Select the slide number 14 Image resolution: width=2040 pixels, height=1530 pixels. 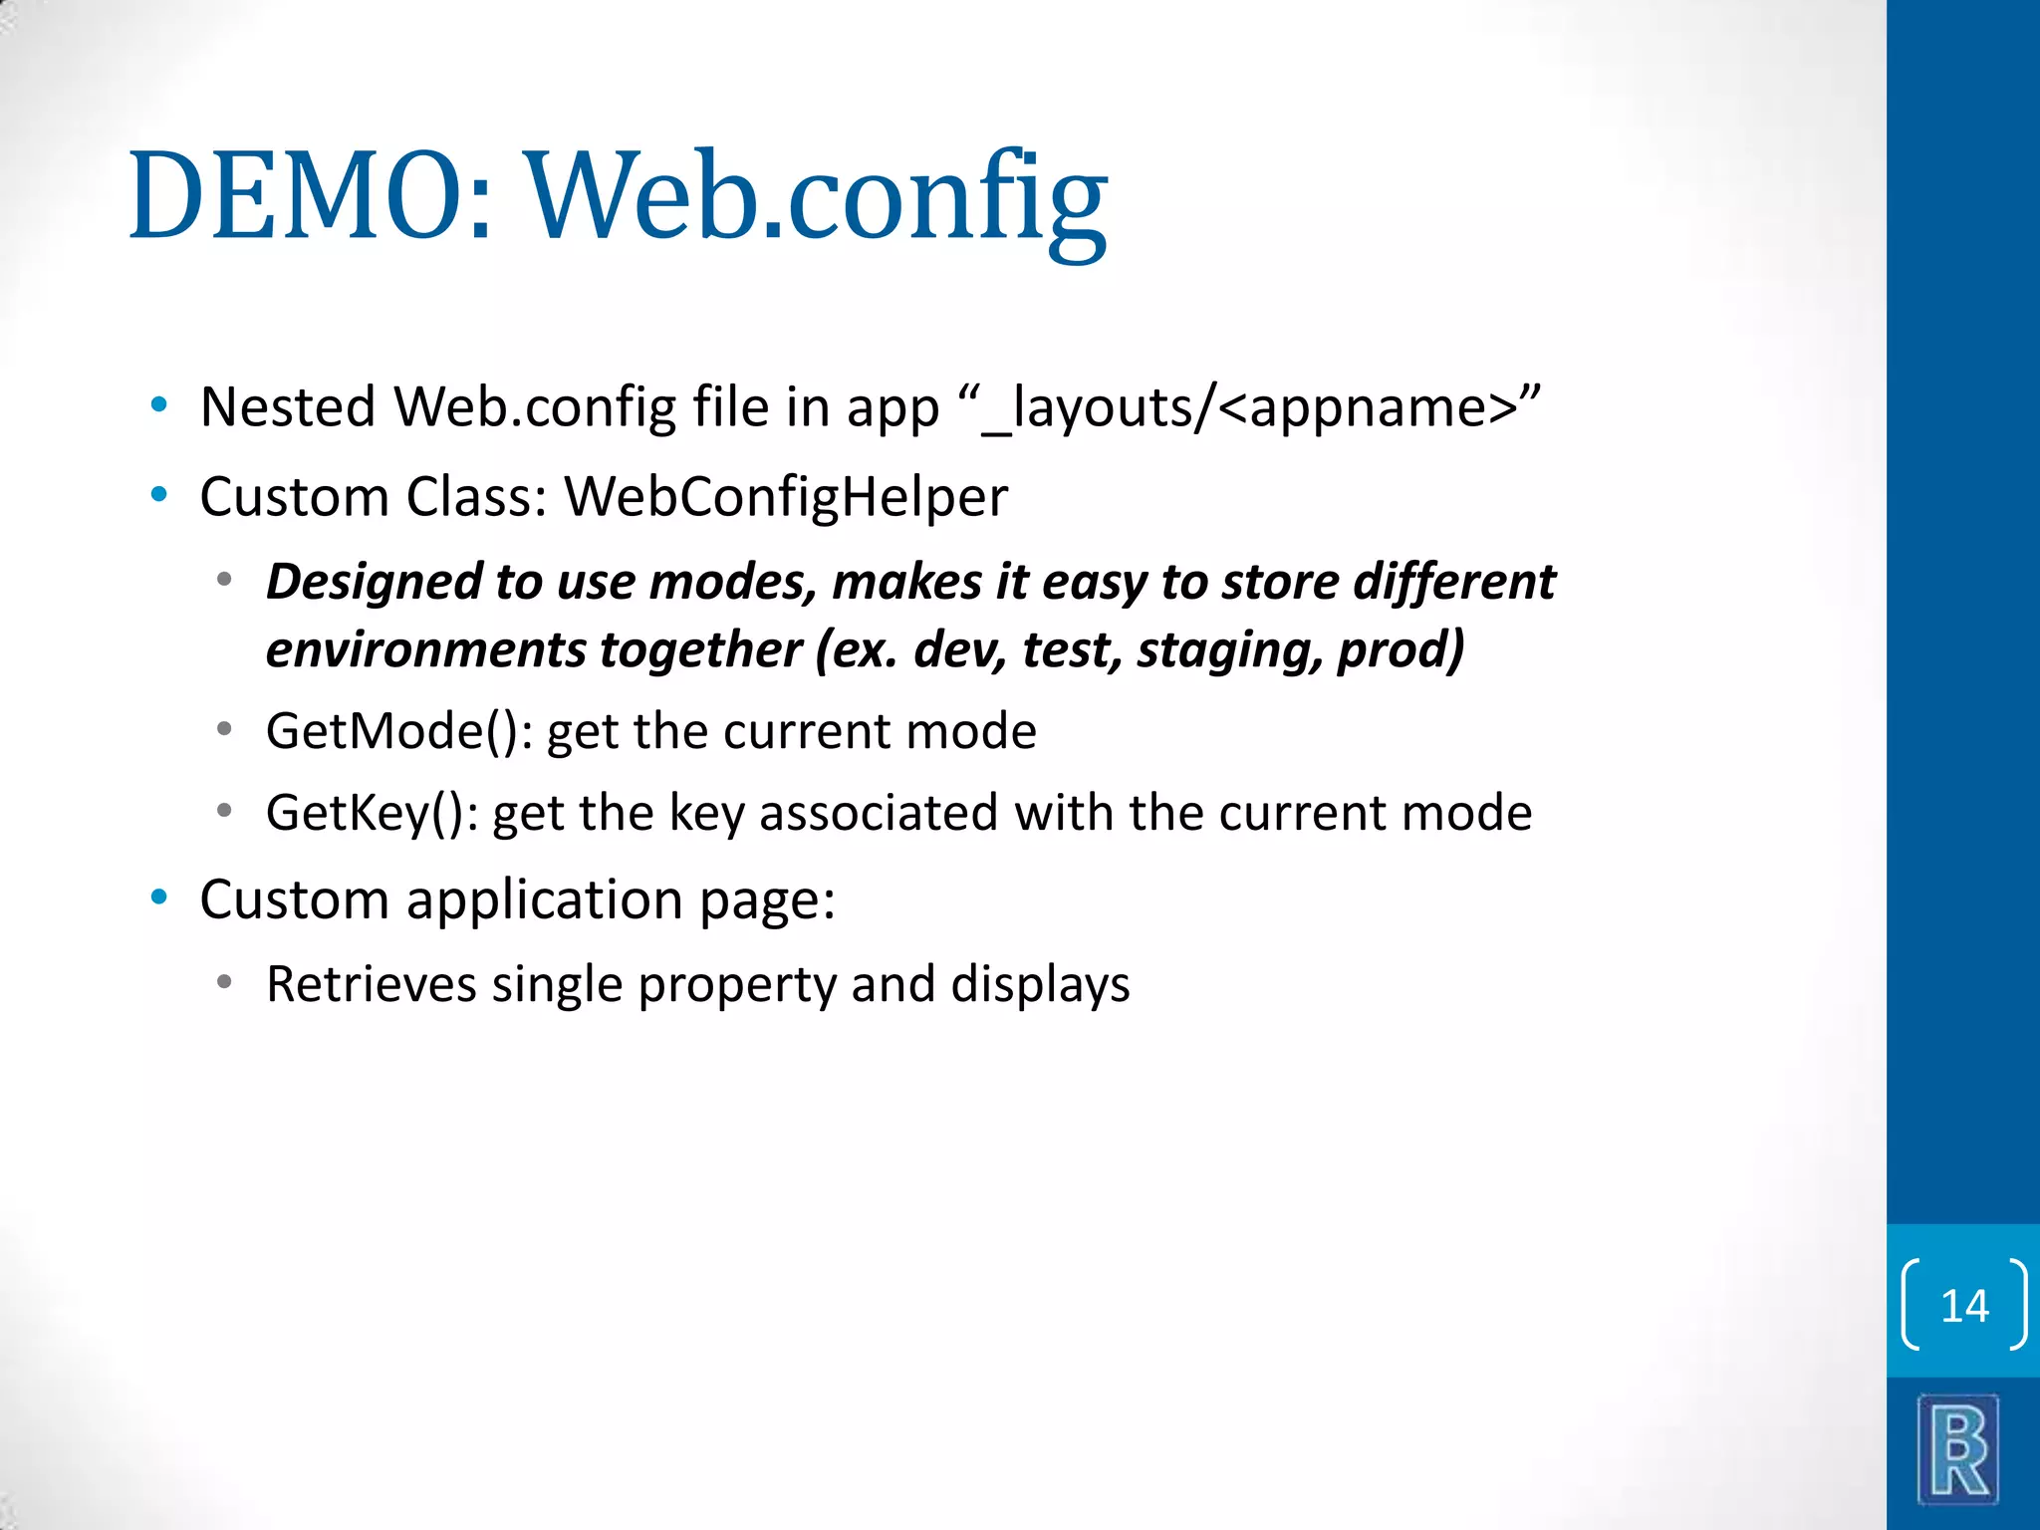[1964, 1305]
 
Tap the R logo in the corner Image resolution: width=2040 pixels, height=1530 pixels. [1958, 1449]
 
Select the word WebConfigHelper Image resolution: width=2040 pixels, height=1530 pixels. [786, 496]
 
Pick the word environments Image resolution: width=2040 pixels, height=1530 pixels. [425, 649]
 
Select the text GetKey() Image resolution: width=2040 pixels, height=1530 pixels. [372, 813]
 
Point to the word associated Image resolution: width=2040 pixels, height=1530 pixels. [878, 813]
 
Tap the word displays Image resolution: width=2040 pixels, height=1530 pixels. [1040, 984]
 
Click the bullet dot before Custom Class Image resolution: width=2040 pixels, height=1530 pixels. [158, 494]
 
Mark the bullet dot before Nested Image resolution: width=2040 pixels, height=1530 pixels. [158, 404]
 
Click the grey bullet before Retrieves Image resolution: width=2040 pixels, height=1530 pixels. [225, 982]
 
